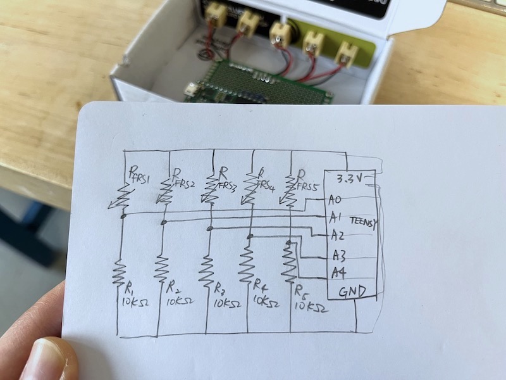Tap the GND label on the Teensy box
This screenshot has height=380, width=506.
(352, 293)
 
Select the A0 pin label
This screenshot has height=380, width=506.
(335, 200)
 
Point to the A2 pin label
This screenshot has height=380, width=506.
(337, 236)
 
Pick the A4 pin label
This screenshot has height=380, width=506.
(338, 273)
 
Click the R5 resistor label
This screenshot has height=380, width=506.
(301, 292)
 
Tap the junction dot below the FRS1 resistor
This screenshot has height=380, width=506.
(122, 217)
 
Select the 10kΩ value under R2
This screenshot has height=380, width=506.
(180, 302)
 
